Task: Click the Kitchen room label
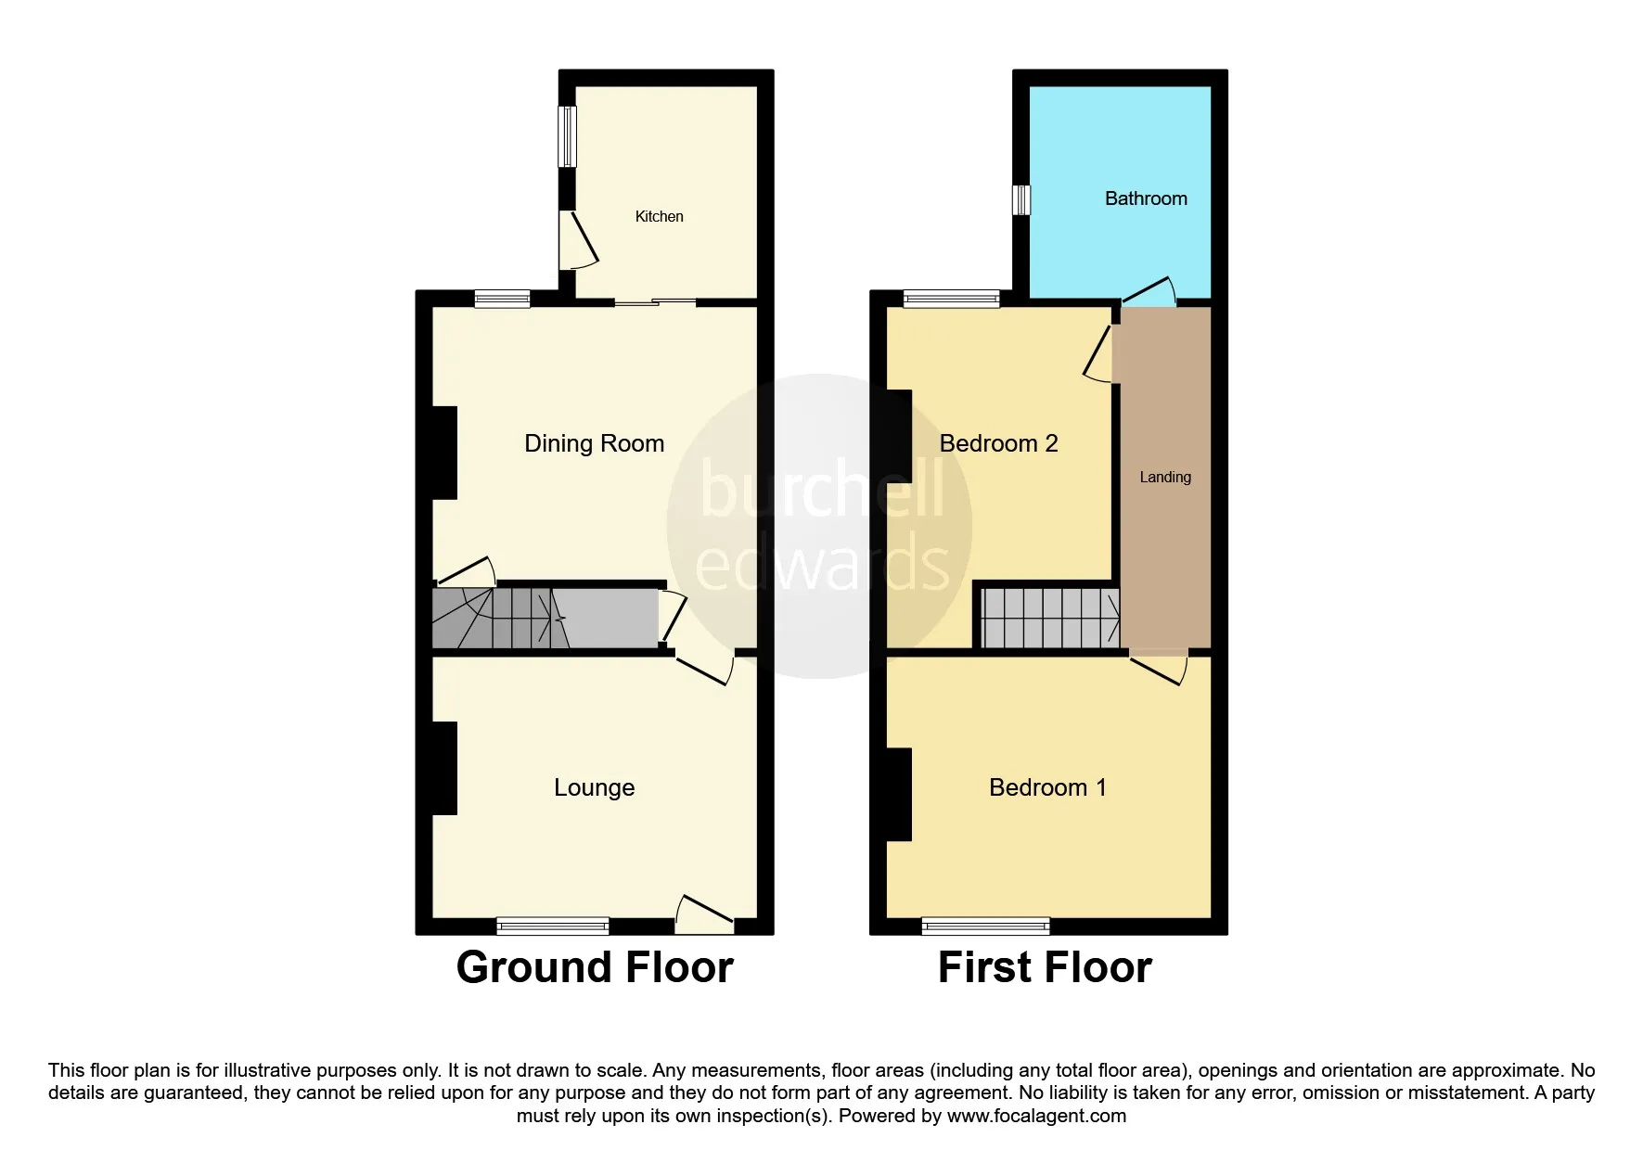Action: [659, 216]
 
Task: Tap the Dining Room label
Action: [595, 443]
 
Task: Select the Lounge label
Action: [595, 787]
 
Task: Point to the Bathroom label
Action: [1146, 198]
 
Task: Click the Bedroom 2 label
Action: [998, 443]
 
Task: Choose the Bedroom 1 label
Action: [1047, 787]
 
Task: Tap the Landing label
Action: [1165, 478]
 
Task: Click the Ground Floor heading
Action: [595, 967]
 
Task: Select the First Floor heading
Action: [1045, 967]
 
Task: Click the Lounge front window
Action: [553, 925]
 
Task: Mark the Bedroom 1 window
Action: [986, 925]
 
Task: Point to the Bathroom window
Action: [1020, 199]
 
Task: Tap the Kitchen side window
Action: [567, 137]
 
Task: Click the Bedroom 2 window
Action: [952, 299]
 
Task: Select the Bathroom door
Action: [1149, 292]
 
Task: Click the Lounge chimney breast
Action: [445, 769]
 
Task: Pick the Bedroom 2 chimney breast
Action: [899, 436]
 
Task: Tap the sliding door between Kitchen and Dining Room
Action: [655, 301]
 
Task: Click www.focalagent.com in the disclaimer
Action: [1036, 1116]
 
